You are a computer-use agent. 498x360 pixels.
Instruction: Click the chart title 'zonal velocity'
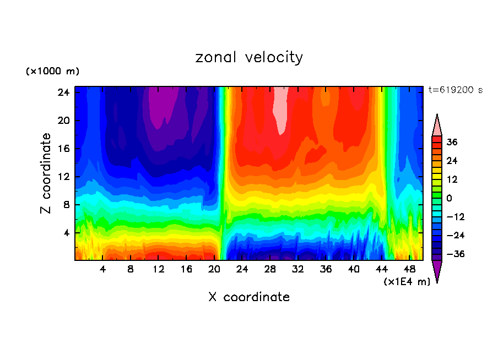pos(249,57)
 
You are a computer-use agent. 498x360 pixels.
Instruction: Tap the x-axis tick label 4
pos(102,269)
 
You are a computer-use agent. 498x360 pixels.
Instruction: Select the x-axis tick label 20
pos(214,269)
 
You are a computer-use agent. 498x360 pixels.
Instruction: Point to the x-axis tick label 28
pos(270,269)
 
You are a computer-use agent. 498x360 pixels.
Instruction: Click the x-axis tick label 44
pos(382,269)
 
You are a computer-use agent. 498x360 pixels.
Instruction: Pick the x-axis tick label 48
pos(410,269)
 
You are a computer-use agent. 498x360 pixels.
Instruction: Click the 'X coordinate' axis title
pos(249,297)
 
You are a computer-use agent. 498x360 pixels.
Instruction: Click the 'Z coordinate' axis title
pos(46,173)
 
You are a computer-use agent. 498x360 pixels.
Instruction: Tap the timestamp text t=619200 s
pos(455,90)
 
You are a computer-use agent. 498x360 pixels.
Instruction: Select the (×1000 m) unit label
pos(52,72)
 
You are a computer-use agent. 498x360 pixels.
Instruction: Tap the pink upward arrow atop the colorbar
pos(437,125)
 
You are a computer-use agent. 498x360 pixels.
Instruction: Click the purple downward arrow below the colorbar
pos(437,271)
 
